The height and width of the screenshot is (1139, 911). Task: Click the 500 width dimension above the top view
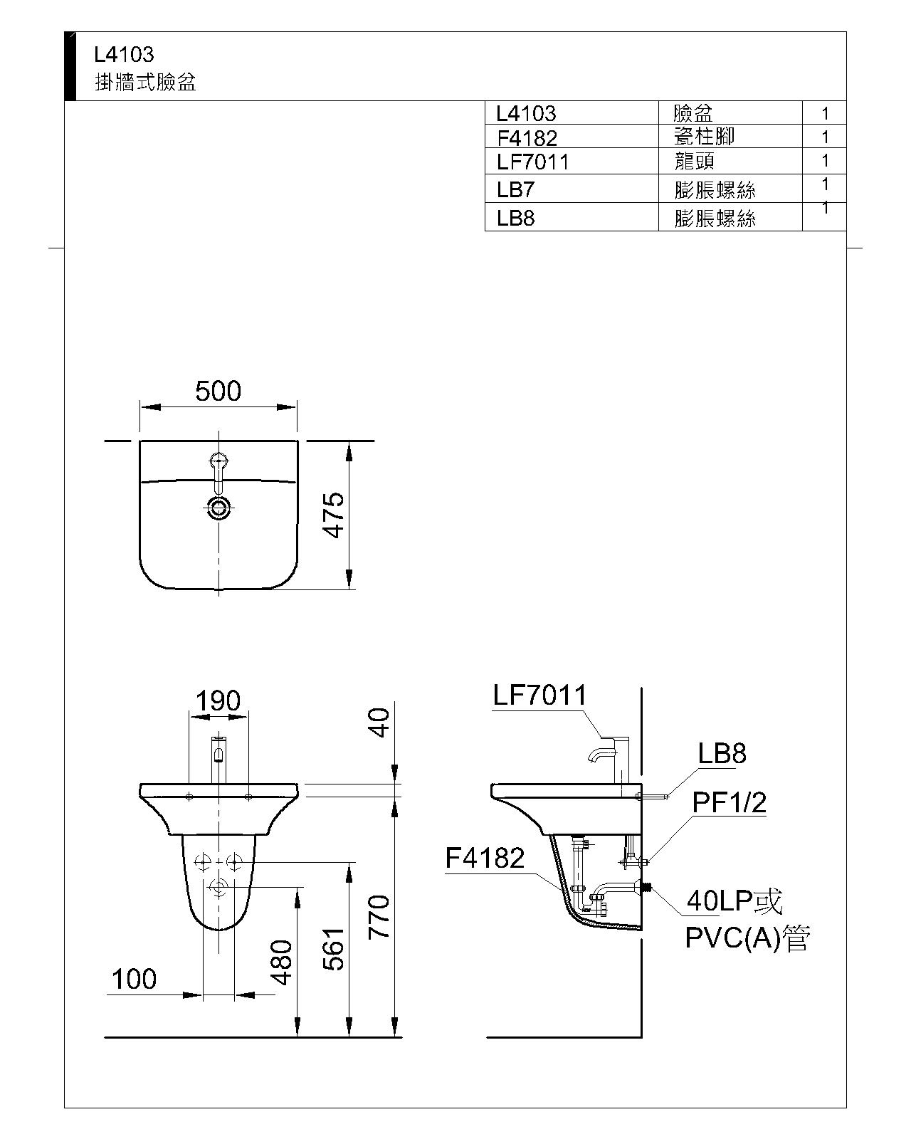tap(218, 392)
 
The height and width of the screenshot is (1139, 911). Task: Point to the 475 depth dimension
tap(334, 515)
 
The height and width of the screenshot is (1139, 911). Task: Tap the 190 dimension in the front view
tap(218, 701)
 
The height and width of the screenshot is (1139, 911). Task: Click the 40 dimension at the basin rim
tap(379, 723)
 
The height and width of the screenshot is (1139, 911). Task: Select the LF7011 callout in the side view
tap(540, 695)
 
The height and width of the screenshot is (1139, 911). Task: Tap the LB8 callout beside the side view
tap(722, 753)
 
